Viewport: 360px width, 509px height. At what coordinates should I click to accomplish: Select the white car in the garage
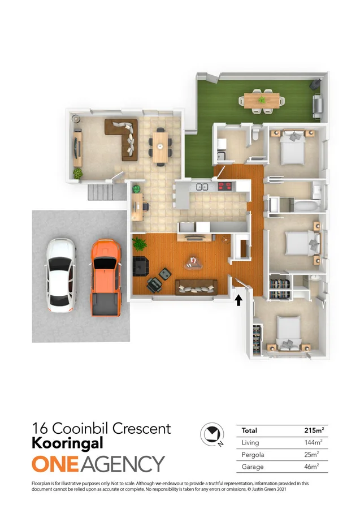click(x=60, y=275)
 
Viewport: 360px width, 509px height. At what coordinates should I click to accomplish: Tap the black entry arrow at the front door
click(x=238, y=299)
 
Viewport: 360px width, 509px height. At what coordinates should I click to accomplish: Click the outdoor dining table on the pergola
click(x=262, y=100)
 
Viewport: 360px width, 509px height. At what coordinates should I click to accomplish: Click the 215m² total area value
click(x=313, y=431)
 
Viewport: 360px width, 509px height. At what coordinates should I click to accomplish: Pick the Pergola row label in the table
click(x=253, y=455)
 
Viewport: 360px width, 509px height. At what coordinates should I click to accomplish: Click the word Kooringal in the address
click(x=67, y=444)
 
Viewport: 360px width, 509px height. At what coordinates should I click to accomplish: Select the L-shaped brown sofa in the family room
click(x=123, y=137)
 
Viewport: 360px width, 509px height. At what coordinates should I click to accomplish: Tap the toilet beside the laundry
click(x=256, y=133)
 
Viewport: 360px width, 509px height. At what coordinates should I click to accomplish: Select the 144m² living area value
click(x=313, y=443)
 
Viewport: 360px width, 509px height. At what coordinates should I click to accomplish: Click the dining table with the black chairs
click(x=161, y=148)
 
